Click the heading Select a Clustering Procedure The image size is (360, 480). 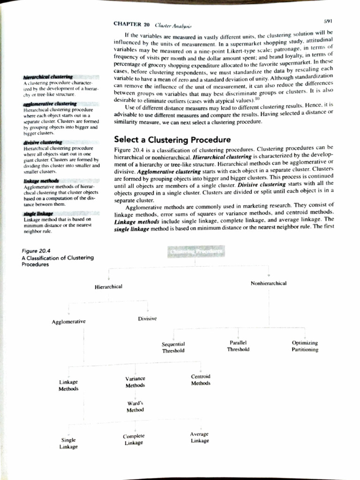tap(172, 140)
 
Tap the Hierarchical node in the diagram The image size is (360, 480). tap(109, 286)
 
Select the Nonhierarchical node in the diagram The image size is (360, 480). tap(269, 283)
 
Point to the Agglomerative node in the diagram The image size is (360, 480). tap(68, 322)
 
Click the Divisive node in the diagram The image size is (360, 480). tap(147, 318)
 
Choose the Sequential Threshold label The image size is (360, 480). tap(173, 347)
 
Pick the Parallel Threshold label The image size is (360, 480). tap(238, 346)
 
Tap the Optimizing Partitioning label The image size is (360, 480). tap(304, 346)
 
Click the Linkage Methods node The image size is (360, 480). tap(68, 385)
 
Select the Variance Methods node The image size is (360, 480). tap(135, 382)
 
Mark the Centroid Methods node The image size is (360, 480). tap(201, 380)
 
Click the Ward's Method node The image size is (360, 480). tap(135, 406)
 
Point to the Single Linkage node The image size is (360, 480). tap(68, 443)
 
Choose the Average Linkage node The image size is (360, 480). tap(200, 437)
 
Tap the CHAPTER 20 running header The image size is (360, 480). tap(131, 24)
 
